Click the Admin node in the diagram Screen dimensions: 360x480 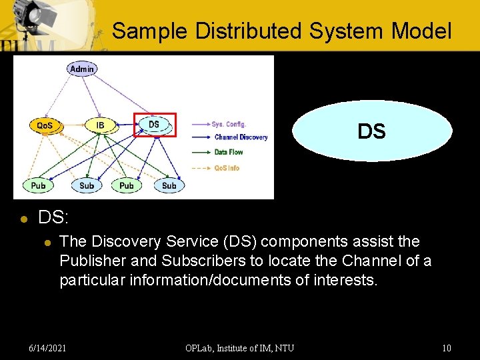point(81,69)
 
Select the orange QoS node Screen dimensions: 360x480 point(45,125)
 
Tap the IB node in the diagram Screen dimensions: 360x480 point(100,125)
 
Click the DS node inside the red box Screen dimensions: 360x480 point(154,125)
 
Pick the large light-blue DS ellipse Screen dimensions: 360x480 point(371,131)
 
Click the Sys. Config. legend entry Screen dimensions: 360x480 point(229,124)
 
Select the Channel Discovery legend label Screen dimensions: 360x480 point(240,137)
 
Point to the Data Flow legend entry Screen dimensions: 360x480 point(228,152)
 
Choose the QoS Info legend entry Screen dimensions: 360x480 point(227,168)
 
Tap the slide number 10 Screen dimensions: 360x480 point(446,347)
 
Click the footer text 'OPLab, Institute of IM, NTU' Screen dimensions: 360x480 point(239,347)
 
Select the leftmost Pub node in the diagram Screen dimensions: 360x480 point(39,185)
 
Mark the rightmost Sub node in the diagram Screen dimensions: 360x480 point(169,185)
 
